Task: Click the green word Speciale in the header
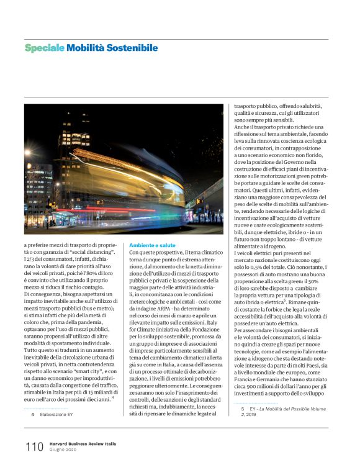(44, 48)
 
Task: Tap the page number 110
(34, 446)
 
